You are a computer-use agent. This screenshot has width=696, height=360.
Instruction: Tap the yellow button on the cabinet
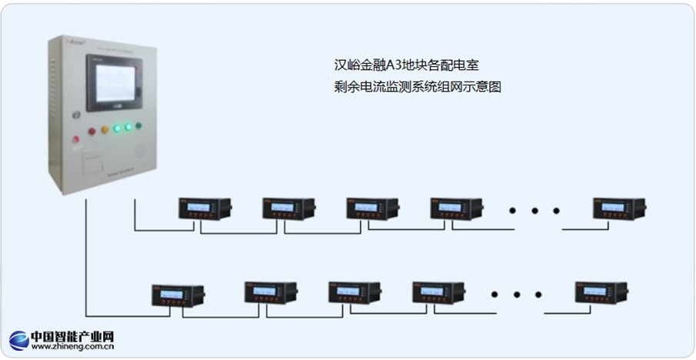(x=105, y=130)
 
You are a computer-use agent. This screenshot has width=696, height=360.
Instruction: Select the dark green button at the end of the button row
(x=138, y=125)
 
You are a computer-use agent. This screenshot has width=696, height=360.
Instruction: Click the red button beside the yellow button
(x=92, y=132)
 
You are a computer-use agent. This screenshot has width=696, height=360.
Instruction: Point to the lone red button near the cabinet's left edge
(x=75, y=139)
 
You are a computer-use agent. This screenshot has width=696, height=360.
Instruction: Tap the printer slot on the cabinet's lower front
(x=93, y=162)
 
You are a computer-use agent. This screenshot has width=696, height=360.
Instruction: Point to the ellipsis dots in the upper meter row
(x=535, y=210)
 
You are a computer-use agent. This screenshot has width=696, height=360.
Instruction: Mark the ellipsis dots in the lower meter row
(x=517, y=294)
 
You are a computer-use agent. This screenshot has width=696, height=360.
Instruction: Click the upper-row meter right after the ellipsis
(x=618, y=208)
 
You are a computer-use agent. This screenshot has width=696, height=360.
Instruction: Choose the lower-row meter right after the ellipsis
(x=601, y=292)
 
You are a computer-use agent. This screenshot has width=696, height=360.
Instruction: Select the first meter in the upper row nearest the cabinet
(x=205, y=208)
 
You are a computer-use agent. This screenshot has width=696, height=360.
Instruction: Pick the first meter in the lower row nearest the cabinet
(x=178, y=295)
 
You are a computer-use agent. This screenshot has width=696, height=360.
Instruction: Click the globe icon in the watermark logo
(x=18, y=341)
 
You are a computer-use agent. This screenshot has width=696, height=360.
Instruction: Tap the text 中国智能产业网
(x=72, y=336)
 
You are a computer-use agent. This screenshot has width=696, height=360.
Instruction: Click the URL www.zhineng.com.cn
(x=73, y=348)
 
